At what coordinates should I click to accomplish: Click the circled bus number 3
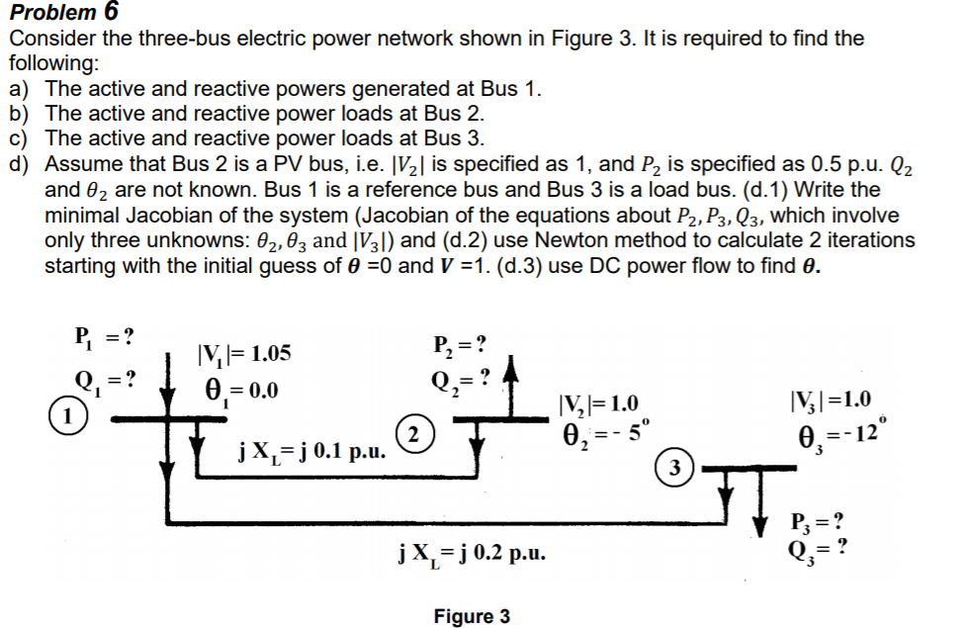pos(674,466)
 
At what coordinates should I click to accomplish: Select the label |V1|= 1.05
pos(244,355)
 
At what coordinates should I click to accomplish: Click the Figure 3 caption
pos(472,616)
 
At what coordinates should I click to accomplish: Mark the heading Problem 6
pos(62,12)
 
